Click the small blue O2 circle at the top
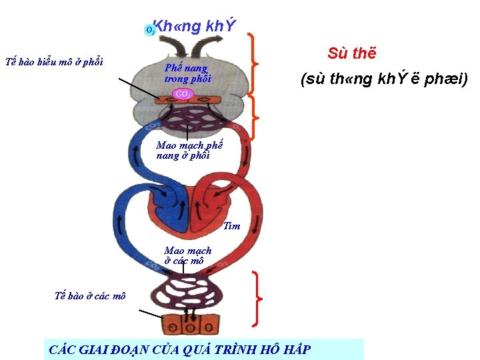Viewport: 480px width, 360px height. (x=151, y=29)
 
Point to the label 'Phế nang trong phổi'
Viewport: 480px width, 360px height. (x=187, y=73)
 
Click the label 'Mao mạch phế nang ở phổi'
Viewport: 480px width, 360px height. (x=189, y=151)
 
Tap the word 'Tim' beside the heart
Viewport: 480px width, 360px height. (x=232, y=226)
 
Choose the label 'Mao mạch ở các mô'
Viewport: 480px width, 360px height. (x=187, y=256)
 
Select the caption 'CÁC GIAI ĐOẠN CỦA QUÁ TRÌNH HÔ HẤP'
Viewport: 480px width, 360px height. (x=180, y=349)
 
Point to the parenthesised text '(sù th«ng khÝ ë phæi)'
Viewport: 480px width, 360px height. (x=384, y=80)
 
